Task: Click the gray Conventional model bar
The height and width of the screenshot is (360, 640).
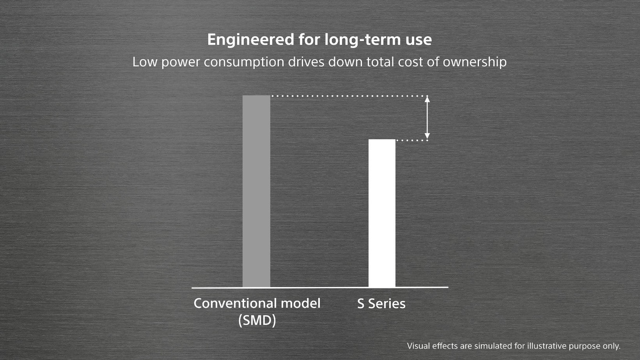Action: click(x=256, y=191)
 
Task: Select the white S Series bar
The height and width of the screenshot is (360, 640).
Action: click(x=382, y=213)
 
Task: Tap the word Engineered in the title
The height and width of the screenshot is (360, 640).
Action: click(x=250, y=40)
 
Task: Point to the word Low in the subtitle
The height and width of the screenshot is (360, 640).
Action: click(x=145, y=62)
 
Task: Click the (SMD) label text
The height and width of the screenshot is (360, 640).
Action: click(x=257, y=321)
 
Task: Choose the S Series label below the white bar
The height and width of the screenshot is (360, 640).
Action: click(x=381, y=304)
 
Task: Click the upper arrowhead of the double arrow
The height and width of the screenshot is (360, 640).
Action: click(x=427, y=99)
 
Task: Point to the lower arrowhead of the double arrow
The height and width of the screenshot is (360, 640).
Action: click(x=427, y=136)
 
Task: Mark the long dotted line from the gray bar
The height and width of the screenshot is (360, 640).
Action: click(x=349, y=96)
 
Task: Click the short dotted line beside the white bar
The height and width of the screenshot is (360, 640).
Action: click(x=412, y=140)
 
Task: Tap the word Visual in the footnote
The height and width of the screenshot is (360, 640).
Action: click(x=418, y=346)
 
